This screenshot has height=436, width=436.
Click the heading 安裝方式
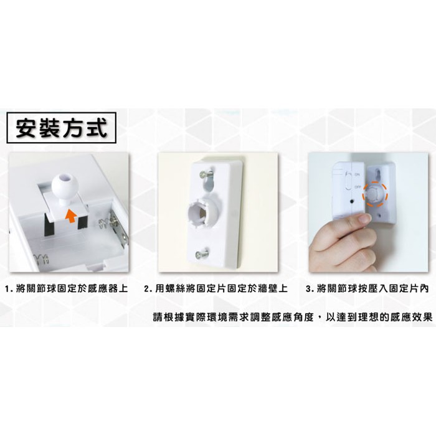(62, 128)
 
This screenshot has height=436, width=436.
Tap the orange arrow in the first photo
(71, 216)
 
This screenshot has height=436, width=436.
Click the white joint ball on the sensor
(65, 187)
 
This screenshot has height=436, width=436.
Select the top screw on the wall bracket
(206, 174)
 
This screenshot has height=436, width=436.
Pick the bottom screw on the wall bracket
(202, 254)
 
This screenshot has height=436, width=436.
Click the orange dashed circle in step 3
(375, 194)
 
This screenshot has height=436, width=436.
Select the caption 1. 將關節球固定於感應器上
(67, 288)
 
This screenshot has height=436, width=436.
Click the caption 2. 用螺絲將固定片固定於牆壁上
(216, 288)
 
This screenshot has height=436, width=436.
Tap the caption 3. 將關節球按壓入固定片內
(367, 288)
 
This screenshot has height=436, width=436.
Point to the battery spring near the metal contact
(104, 223)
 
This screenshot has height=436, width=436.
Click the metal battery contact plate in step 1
(119, 229)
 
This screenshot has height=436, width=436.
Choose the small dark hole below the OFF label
(353, 201)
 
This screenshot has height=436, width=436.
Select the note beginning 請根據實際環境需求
(293, 317)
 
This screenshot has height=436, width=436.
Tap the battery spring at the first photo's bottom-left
(42, 260)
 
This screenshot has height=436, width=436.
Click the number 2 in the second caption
(146, 288)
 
